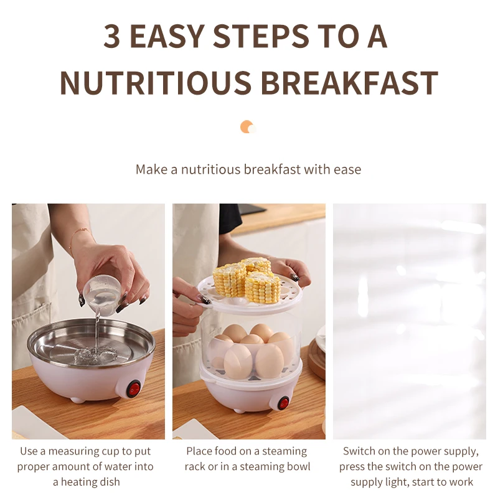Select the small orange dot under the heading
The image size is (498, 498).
pos(247,127)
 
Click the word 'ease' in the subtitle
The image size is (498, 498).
pos(345,169)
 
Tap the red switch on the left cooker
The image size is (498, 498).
pos(133,390)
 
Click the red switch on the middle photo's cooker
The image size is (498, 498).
pos(283,402)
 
